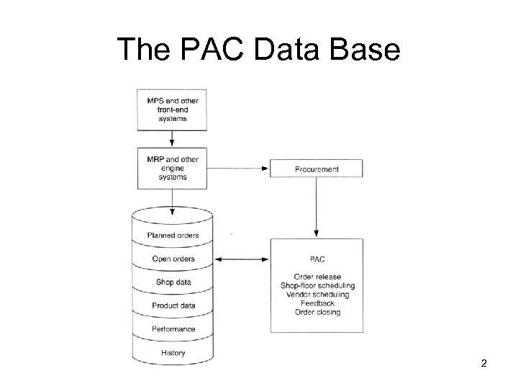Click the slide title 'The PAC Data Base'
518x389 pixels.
click(x=259, y=49)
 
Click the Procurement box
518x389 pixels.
click(x=317, y=169)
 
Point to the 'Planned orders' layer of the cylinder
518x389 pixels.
click(x=173, y=236)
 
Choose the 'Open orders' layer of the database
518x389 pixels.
click(x=173, y=259)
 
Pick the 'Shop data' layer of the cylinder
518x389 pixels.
click(x=173, y=282)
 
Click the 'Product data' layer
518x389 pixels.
click(x=173, y=305)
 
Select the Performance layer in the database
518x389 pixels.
click(x=173, y=329)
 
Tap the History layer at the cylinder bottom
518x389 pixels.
click(x=173, y=352)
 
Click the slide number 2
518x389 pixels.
click(x=483, y=364)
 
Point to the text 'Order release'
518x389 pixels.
click(x=317, y=277)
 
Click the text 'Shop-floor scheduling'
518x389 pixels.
click(x=317, y=286)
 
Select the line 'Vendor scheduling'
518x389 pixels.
click(x=317, y=295)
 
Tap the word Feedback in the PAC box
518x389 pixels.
click(x=317, y=303)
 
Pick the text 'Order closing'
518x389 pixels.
click(x=317, y=312)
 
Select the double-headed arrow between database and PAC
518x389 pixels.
click(x=242, y=259)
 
